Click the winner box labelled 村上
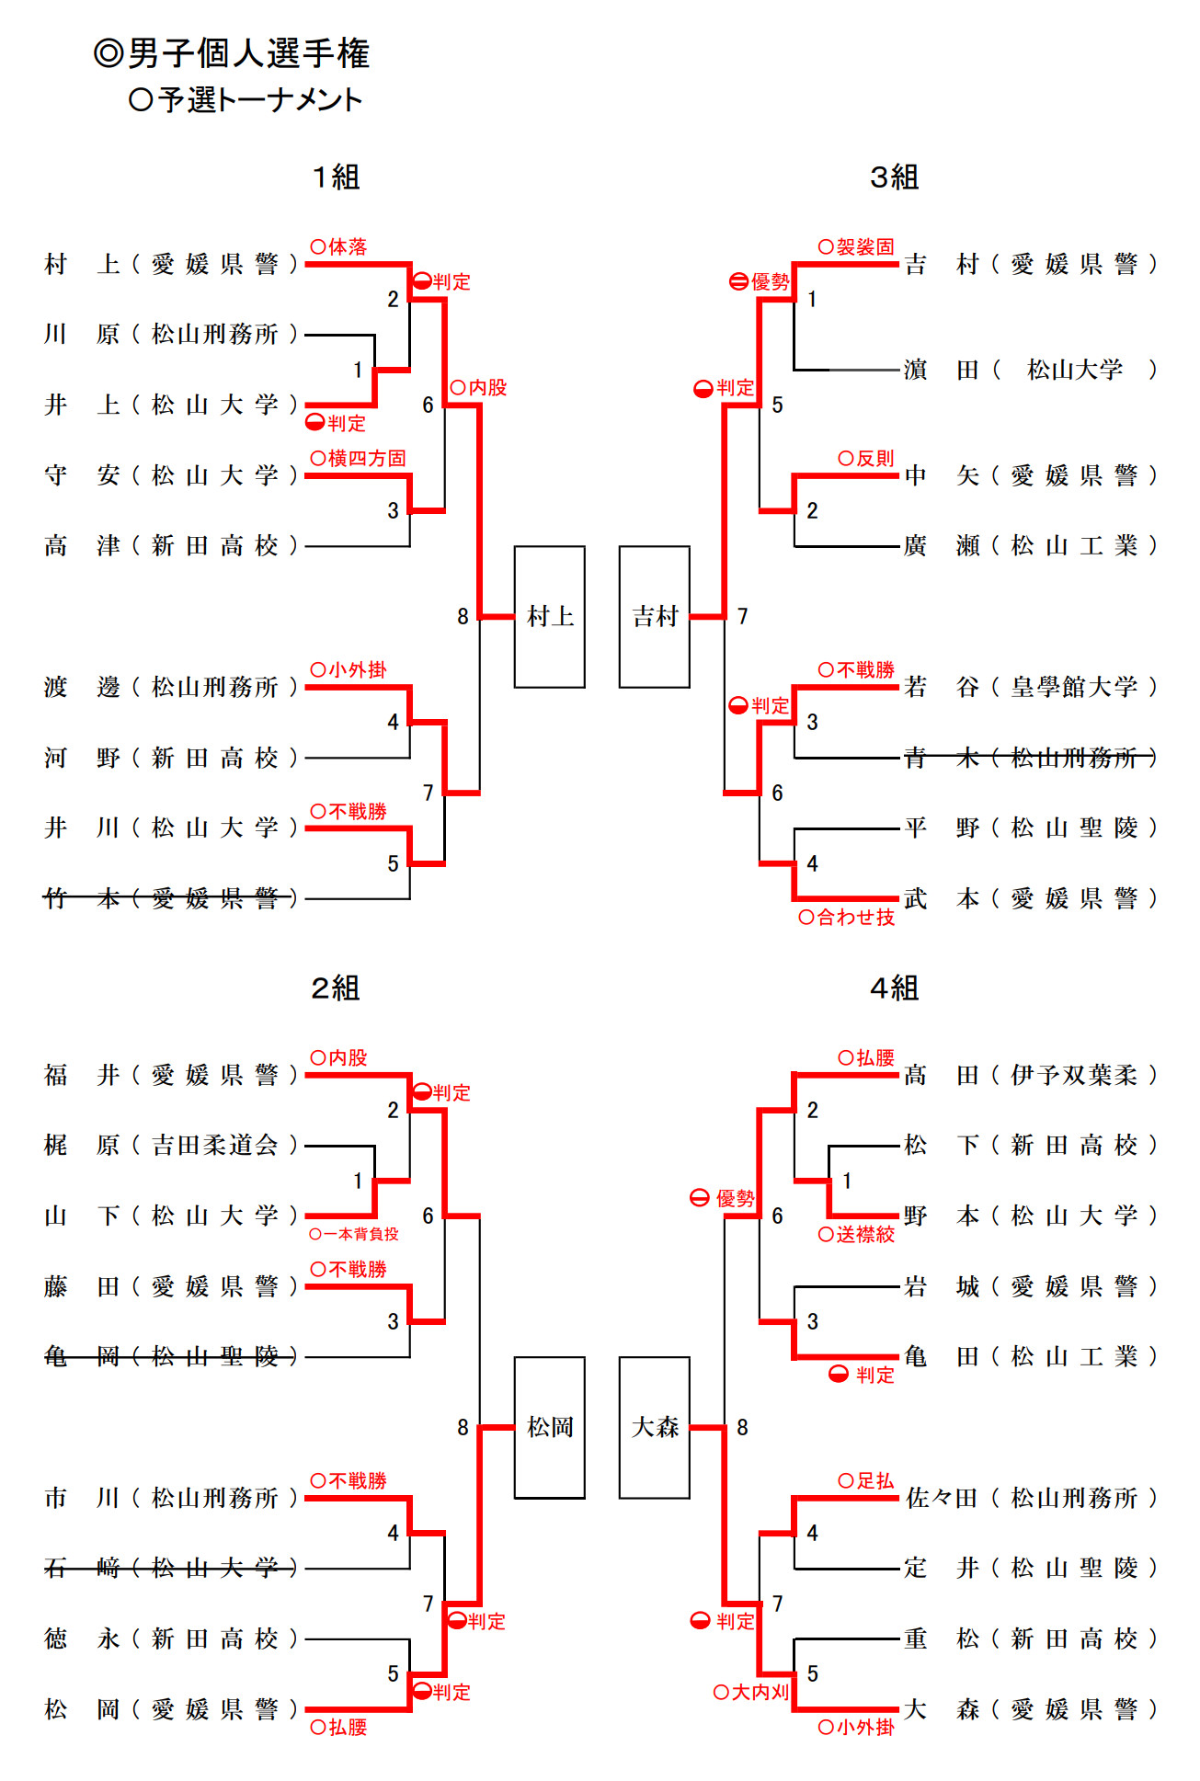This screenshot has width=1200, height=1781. [x=549, y=616]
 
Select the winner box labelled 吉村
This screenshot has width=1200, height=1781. [x=654, y=616]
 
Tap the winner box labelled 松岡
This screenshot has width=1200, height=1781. [x=549, y=1427]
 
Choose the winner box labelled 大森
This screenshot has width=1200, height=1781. [x=654, y=1427]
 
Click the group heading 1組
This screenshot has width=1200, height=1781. [x=336, y=177]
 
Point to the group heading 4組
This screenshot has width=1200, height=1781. [x=894, y=988]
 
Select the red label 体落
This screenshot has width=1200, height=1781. [x=339, y=246]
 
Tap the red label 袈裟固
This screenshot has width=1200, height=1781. [x=856, y=246]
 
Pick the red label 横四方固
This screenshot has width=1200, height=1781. [x=359, y=458]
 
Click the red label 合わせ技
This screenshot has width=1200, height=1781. [x=847, y=917]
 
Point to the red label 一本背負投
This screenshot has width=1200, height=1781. [x=355, y=1234]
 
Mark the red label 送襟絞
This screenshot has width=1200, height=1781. [x=856, y=1234]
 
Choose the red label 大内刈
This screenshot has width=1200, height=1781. [x=751, y=1692]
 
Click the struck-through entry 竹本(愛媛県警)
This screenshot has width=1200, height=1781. [x=171, y=898]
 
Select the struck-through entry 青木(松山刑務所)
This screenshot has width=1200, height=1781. [x=1030, y=758]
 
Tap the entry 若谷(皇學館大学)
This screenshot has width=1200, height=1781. [x=1030, y=687]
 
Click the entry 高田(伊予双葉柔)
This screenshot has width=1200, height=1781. [x=1030, y=1075]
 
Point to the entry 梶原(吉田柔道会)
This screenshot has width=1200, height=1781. [x=171, y=1145]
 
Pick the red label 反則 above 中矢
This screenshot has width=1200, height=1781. [x=866, y=458]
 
